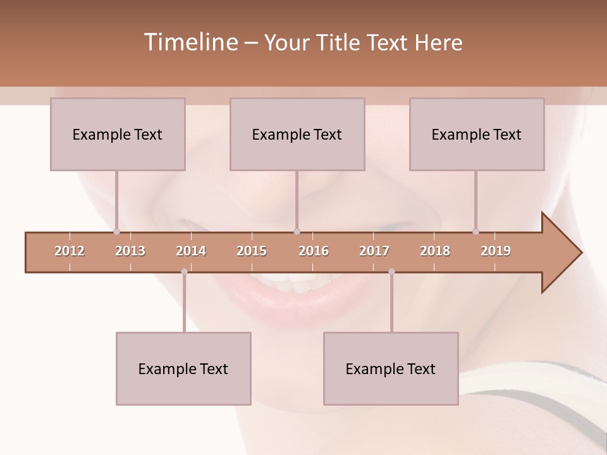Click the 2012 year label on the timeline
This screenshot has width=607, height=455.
70,251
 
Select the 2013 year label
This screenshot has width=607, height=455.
130,251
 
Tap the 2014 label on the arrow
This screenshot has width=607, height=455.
191,251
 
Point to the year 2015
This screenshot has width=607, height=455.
252,251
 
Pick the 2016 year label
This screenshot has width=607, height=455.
314,251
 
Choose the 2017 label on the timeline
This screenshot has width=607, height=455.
374,251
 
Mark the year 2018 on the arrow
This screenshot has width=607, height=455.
435,251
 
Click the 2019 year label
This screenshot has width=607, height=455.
496,251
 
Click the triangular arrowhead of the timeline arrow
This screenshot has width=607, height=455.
560,253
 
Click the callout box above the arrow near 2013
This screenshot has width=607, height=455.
118,134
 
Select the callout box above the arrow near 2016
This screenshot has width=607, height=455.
297,134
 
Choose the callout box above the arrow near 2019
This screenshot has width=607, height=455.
477,134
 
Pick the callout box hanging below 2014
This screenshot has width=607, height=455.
183,368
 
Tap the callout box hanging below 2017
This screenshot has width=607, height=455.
391,368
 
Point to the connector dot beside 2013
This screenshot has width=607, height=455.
116,232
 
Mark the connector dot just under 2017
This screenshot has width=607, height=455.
391,272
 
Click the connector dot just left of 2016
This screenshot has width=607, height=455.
297,232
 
